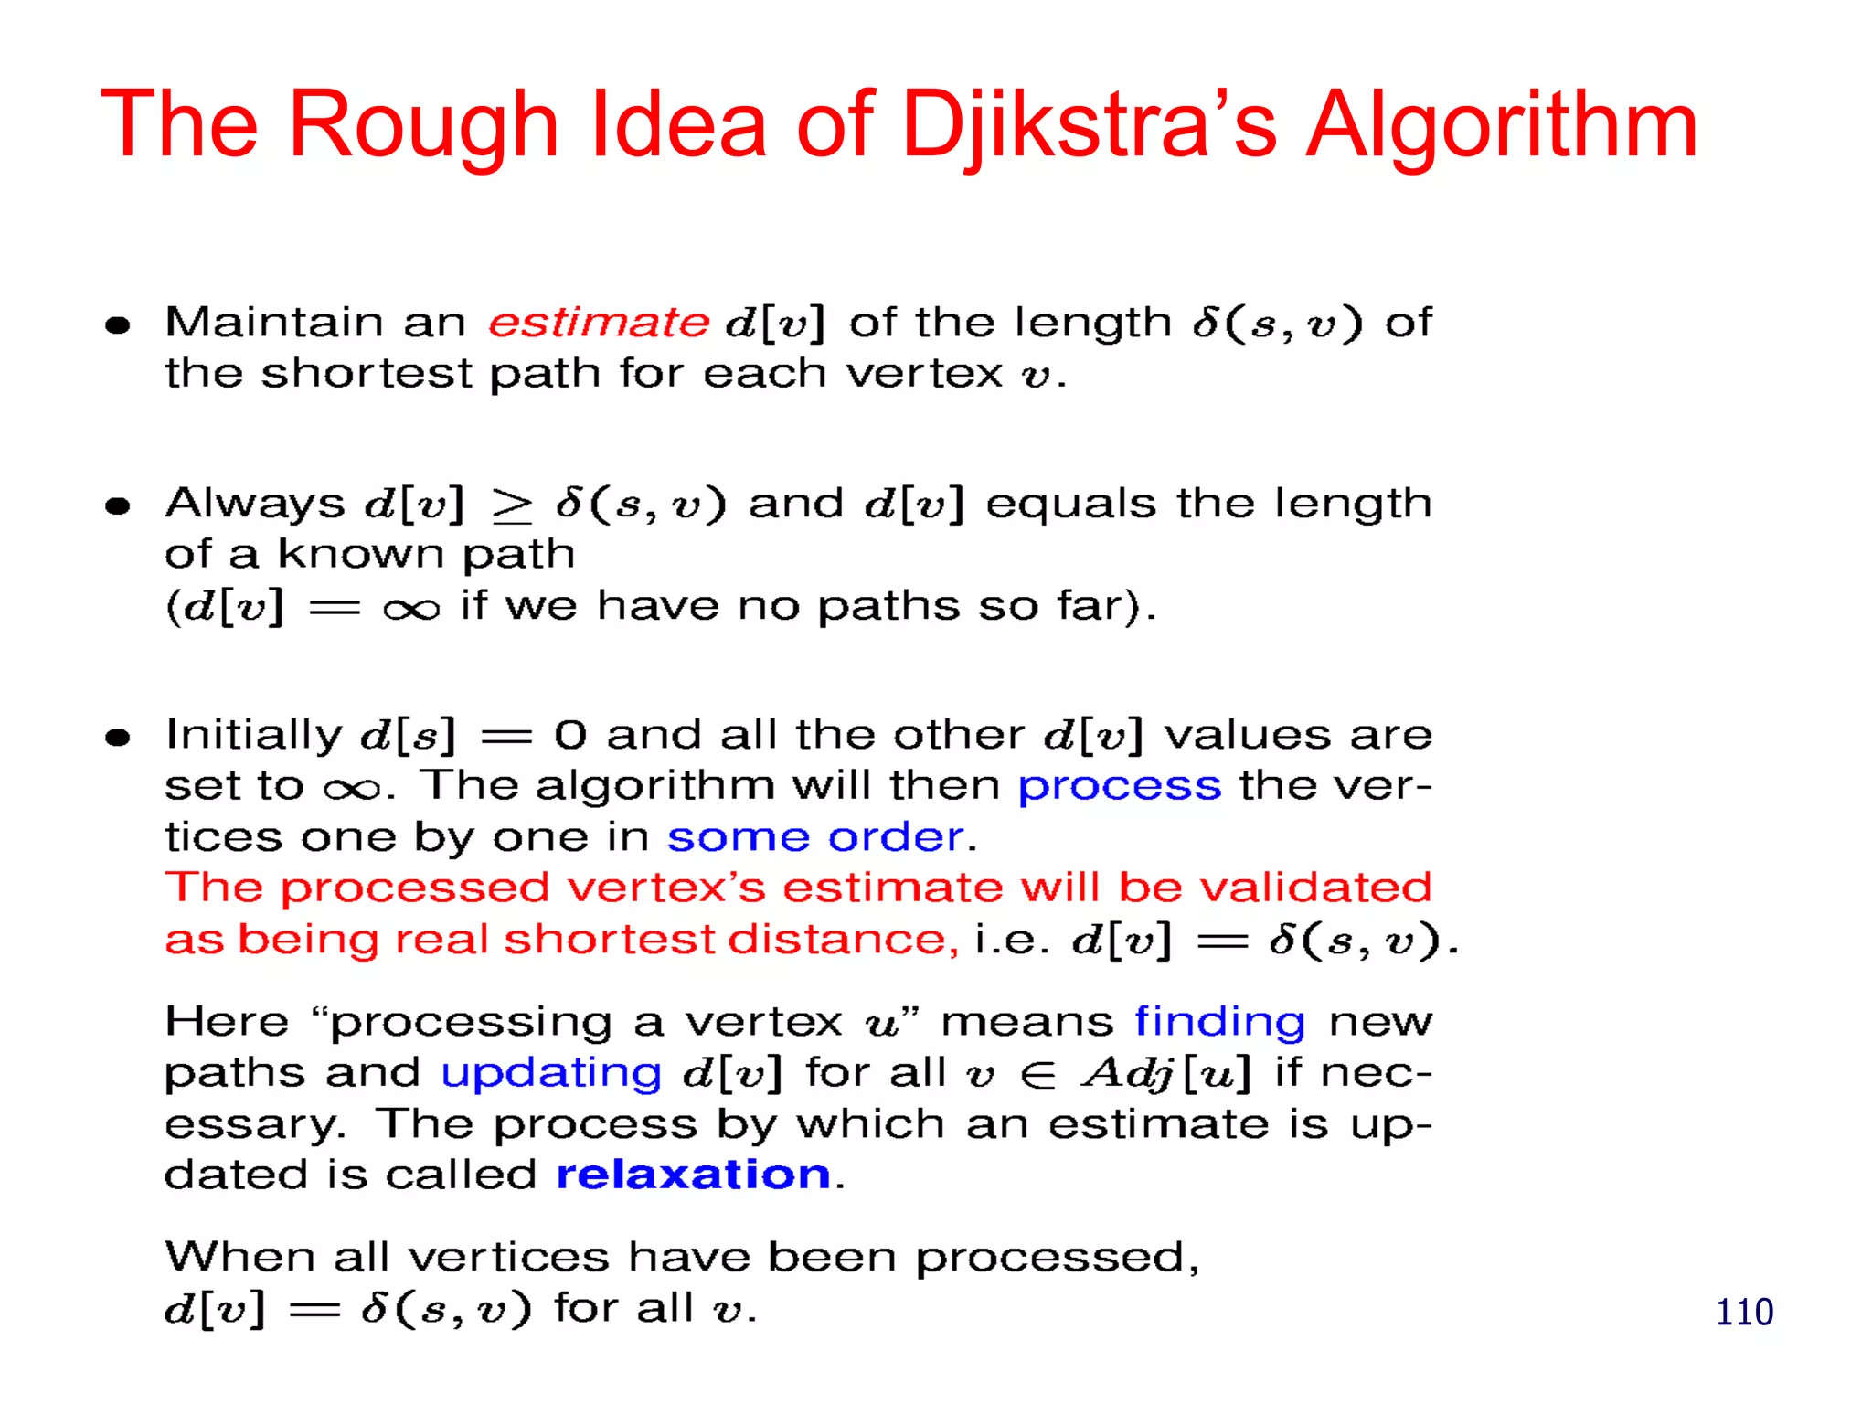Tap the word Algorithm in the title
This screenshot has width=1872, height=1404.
(x=1500, y=126)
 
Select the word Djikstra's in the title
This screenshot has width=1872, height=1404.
(x=1089, y=126)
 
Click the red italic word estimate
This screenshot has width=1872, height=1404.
(x=599, y=323)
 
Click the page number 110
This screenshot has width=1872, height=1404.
(x=1744, y=1313)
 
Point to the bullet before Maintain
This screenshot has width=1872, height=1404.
(x=118, y=324)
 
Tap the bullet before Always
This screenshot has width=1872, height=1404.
(x=118, y=505)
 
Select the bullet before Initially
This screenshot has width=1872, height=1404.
(x=118, y=737)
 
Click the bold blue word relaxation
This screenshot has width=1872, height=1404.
(x=693, y=1174)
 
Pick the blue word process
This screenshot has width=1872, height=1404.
(x=1120, y=786)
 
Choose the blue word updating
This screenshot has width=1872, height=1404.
(x=551, y=1073)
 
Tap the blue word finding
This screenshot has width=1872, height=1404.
(x=1219, y=1022)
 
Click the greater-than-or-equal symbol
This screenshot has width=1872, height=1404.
(x=512, y=505)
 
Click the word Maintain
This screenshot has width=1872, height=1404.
(x=274, y=323)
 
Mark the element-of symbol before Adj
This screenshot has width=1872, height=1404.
(x=1037, y=1075)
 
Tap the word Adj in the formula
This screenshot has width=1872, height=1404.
(x=1128, y=1073)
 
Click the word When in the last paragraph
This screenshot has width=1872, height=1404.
(x=239, y=1257)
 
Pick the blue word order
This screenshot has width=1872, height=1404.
(x=896, y=837)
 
